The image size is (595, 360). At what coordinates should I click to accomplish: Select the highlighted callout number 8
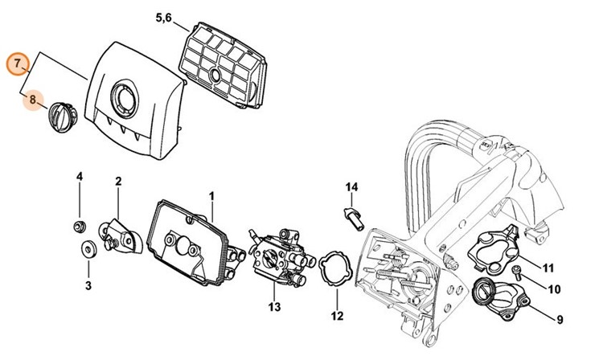(32, 101)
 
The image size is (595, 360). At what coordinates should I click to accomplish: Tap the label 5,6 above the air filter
(162, 16)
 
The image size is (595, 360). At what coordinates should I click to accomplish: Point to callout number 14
(351, 187)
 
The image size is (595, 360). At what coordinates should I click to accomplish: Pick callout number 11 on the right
(548, 268)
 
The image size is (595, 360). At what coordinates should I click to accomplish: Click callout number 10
(554, 288)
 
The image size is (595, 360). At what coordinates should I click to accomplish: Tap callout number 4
(80, 177)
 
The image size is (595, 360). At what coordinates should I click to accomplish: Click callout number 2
(117, 182)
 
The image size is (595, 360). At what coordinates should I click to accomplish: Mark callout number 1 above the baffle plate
(211, 195)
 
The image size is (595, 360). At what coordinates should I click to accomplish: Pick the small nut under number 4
(80, 223)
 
